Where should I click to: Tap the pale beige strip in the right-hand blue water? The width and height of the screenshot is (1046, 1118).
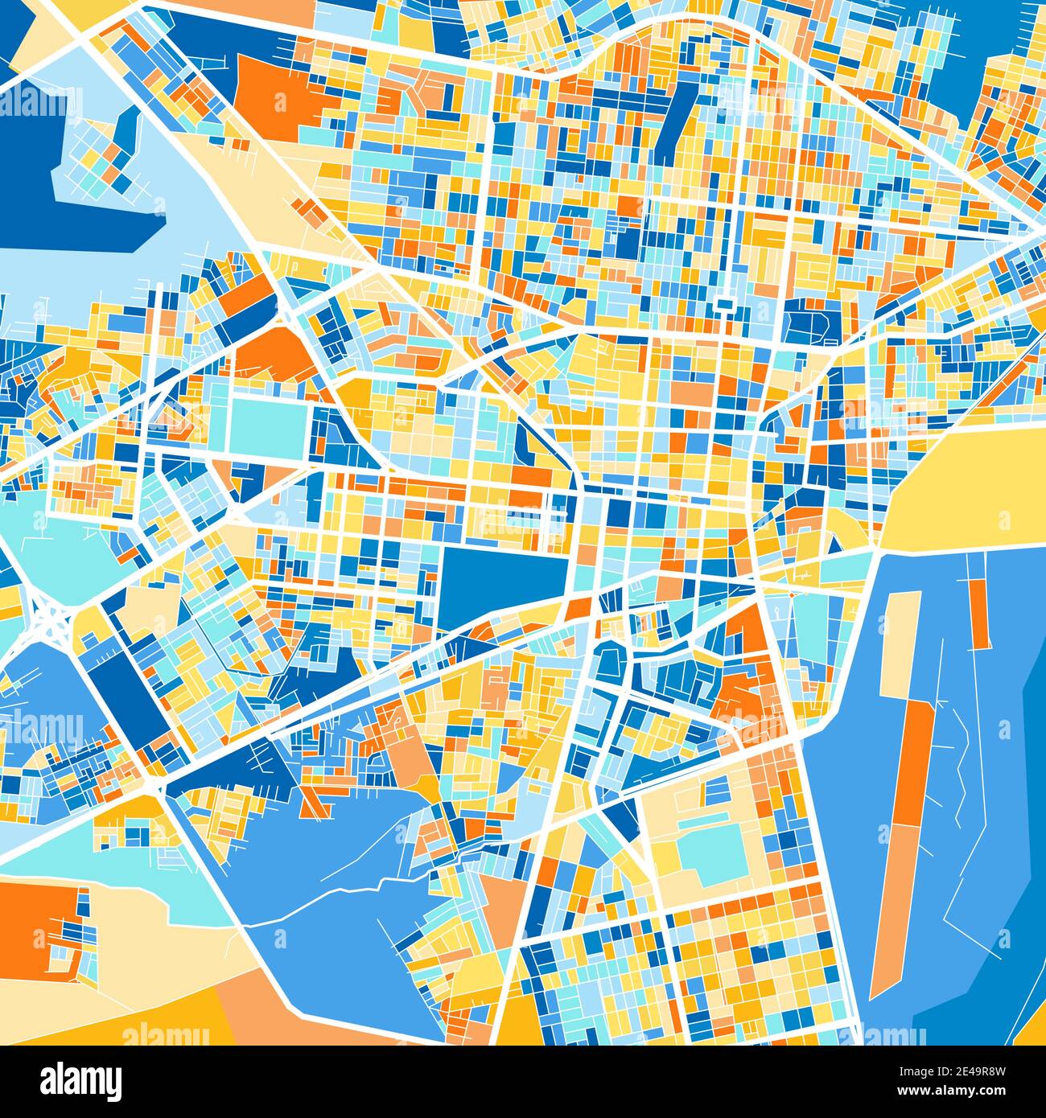[900, 643]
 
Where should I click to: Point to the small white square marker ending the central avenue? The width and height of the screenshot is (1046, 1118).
[725, 304]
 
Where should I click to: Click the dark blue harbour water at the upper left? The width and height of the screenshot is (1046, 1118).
[32, 177]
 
